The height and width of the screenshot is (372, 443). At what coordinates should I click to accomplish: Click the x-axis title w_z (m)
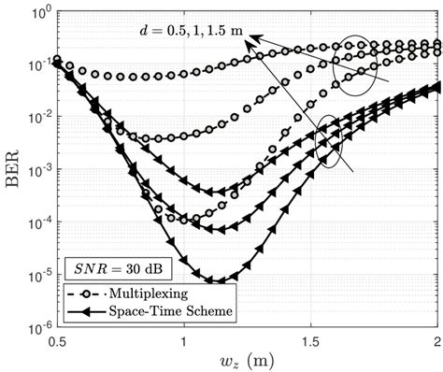(247, 359)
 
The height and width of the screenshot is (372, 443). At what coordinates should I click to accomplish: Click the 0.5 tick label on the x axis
(55, 339)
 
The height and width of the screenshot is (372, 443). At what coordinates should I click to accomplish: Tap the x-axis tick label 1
(183, 339)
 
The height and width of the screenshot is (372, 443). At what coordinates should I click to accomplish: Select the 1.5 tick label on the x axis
(310, 339)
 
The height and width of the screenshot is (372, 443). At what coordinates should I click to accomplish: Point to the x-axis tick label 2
(436, 339)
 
